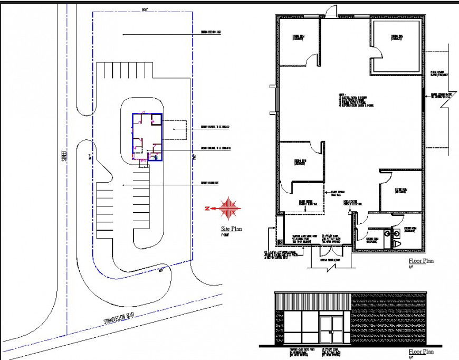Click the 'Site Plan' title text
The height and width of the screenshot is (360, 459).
point(232,230)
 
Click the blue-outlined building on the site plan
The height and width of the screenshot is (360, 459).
point(147,137)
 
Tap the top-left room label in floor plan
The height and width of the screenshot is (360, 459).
point(298,37)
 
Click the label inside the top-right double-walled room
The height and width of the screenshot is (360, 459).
point(397,37)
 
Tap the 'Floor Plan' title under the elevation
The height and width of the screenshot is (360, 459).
point(421,352)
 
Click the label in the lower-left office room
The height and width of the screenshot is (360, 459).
point(300,162)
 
